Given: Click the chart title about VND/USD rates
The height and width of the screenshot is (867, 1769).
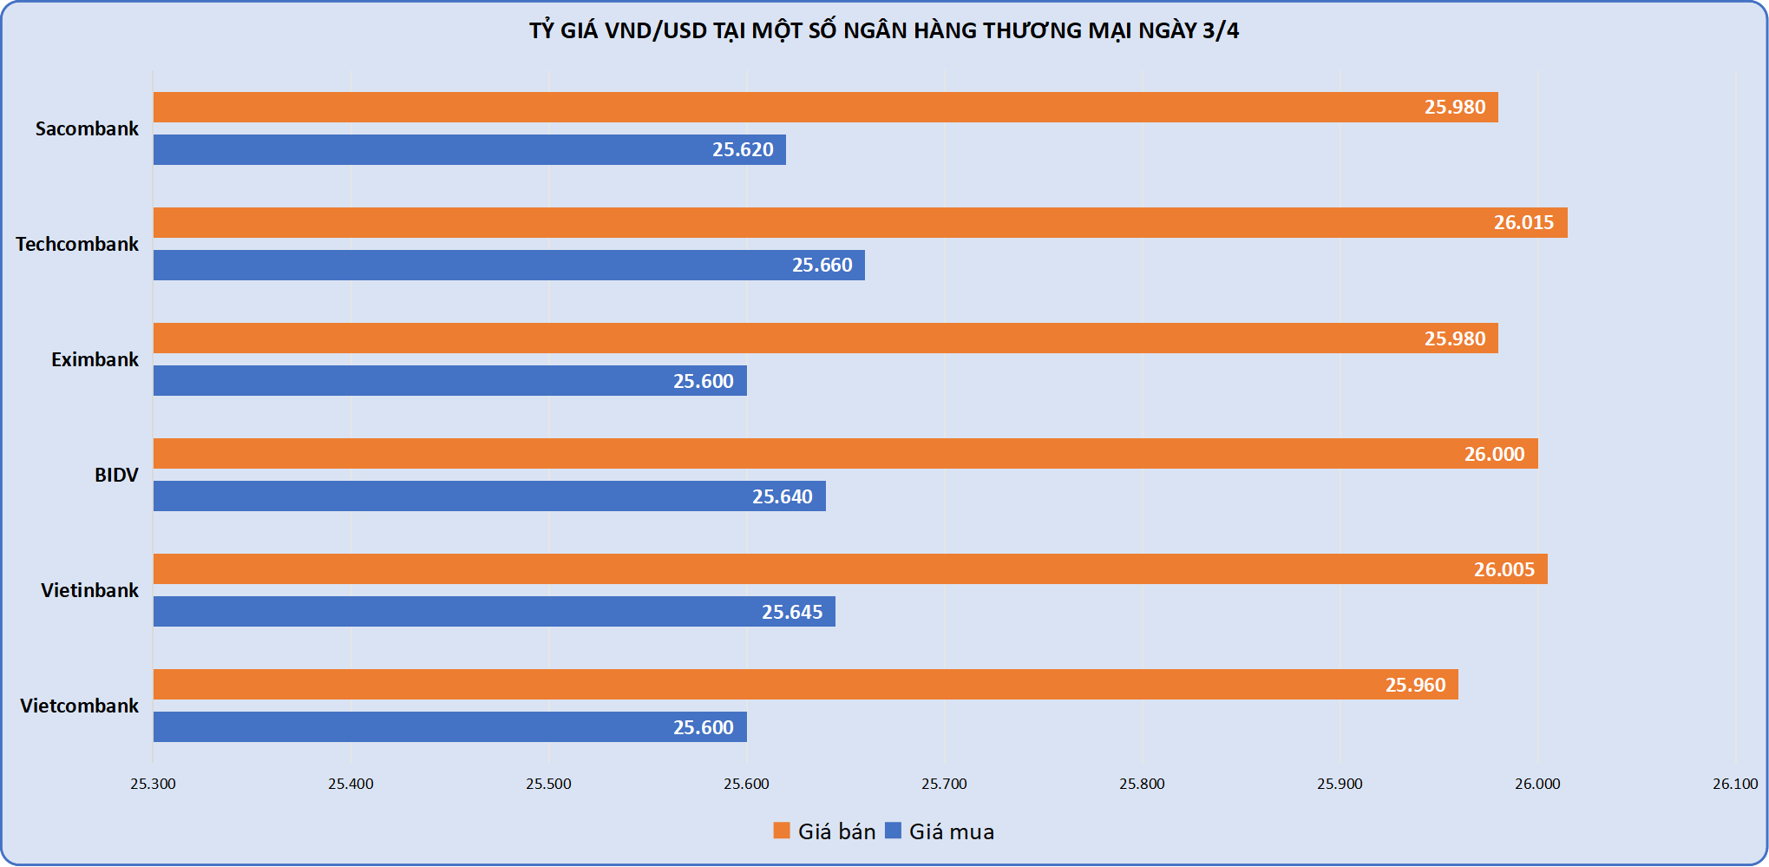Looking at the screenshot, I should click(x=884, y=31).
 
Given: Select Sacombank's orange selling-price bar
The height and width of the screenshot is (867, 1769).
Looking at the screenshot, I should click(x=824, y=108).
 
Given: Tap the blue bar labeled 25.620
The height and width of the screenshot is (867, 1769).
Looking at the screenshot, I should click(x=468, y=150).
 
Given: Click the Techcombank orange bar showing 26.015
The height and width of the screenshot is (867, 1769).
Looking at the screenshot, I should click(x=859, y=223).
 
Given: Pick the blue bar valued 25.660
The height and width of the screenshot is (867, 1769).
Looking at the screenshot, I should click(x=508, y=266).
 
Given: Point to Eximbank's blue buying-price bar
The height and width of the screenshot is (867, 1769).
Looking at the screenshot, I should click(x=449, y=381).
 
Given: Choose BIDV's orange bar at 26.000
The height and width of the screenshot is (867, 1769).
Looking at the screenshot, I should click(x=845, y=454).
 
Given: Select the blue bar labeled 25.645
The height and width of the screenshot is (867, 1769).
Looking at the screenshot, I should click(x=494, y=612).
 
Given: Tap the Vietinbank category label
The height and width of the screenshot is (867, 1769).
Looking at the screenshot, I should click(x=89, y=591).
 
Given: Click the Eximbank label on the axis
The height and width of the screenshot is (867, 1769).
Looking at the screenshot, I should click(x=95, y=360).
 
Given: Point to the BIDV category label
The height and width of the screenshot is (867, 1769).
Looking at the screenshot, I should click(x=116, y=476).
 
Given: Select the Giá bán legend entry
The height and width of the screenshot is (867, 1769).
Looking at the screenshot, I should click(x=825, y=831).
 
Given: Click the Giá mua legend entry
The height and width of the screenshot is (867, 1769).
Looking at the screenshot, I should click(x=940, y=831).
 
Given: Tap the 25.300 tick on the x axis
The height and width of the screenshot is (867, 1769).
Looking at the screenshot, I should click(x=153, y=785).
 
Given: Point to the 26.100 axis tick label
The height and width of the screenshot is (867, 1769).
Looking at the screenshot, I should click(x=1735, y=785).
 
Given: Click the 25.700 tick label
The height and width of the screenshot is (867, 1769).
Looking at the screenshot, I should click(x=944, y=785).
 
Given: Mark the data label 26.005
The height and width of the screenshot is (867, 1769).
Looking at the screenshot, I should click(x=1504, y=570).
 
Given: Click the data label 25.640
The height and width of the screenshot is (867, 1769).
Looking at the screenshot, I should click(x=782, y=497).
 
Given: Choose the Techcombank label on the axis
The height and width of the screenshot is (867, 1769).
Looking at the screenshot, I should click(x=77, y=245).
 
